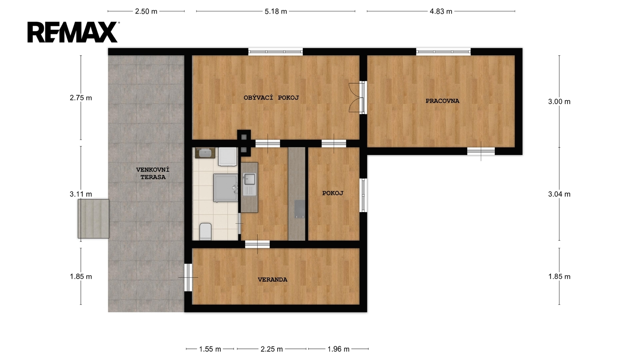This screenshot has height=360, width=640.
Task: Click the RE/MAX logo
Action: [73, 32]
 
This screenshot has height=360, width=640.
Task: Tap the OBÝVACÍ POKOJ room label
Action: [271, 98]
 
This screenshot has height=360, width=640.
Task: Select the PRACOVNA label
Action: [442, 101]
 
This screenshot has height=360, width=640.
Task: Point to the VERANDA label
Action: [272, 280]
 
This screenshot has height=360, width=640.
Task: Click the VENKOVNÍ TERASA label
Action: [153, 174]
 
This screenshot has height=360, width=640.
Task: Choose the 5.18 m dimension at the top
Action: [276, 12]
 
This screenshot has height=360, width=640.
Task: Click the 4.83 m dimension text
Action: [441, 12]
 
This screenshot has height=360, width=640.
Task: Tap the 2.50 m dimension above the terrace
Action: [146, 12]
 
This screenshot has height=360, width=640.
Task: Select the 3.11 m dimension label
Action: [81, 194]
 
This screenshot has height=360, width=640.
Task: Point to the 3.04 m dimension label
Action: [559, 194]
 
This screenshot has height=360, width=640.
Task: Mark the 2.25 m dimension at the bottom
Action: [272, 349]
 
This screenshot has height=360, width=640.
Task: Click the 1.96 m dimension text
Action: [338, 349]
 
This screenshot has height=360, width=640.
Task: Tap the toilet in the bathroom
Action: [206, 232]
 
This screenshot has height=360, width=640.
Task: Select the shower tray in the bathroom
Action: [226, 188]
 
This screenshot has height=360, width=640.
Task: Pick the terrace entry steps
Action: [94, 219]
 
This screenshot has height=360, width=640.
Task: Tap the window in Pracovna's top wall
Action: [443, 52]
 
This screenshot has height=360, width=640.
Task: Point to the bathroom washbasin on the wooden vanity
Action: [205, 153]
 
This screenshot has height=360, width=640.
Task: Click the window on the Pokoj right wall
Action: [363, 195]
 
